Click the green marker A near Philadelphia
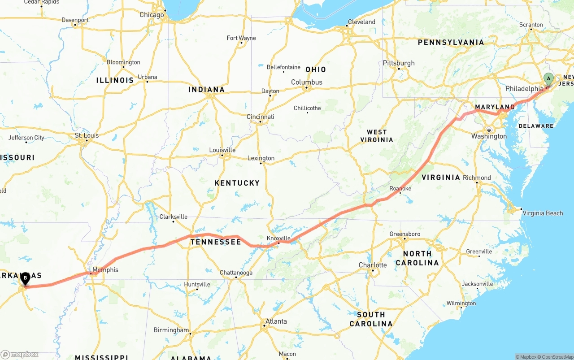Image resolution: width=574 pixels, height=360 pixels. [548, 79]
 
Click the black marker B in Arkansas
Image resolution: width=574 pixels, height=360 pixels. [26, 278]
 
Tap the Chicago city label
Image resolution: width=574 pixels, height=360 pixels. [152, 15]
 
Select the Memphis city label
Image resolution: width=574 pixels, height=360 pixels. [106, 270]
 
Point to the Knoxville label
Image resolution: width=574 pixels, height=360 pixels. [278, 238]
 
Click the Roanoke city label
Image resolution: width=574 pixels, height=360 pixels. [400, 189]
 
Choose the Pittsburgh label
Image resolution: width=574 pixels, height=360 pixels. [399, 63]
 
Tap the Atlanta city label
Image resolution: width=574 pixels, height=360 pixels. [276, 321]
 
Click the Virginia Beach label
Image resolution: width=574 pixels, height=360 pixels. [543, 213]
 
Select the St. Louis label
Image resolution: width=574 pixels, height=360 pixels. [87, 135]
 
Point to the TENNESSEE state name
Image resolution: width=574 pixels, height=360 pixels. [216, 242]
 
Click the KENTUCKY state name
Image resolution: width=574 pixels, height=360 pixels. [237, 183]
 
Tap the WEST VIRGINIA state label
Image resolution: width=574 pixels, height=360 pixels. [377, 136]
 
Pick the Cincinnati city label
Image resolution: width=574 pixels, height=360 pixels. [260, 117]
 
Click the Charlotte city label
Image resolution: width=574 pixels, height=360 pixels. [372, 265]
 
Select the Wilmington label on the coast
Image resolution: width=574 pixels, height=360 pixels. [461, 304]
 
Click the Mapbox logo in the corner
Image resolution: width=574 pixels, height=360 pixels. [20, 354]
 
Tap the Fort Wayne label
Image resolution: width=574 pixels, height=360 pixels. [241, 38]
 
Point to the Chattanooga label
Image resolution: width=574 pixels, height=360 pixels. [236, 273]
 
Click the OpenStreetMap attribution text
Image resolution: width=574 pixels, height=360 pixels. [557, 357]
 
